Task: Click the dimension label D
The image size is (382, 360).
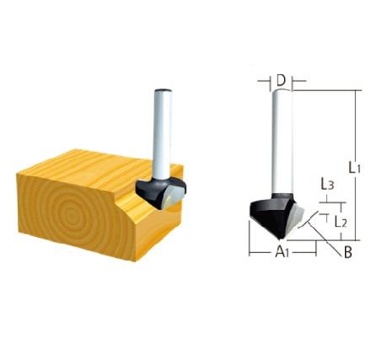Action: point(280,81)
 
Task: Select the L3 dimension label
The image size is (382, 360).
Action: point(328,185)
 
